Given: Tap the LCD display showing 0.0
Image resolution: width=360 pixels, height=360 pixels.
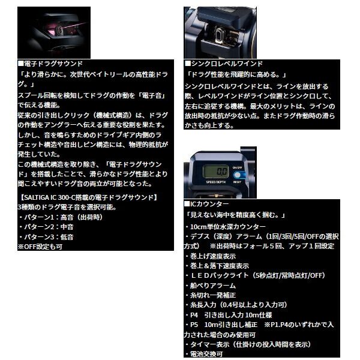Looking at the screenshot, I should coord(215,171).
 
